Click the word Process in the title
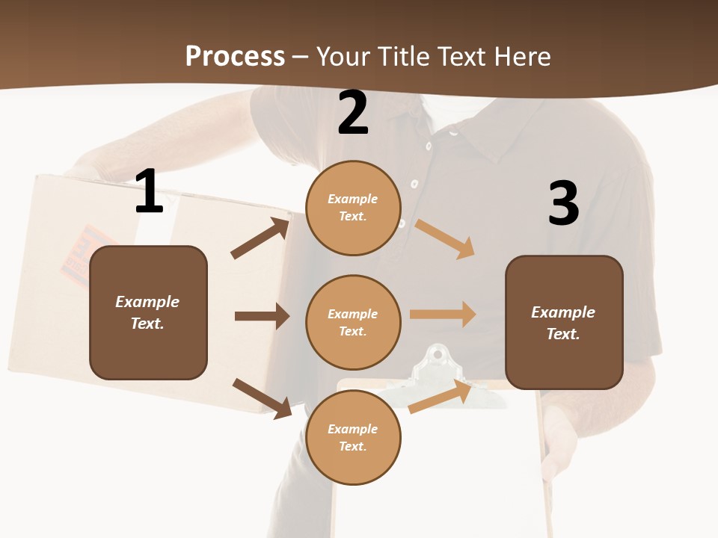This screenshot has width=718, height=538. (235, 56)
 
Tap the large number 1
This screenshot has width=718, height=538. (149, 191)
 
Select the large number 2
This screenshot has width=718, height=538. (353, 113)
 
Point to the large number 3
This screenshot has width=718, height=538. (563, 203)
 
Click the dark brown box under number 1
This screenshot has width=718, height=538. (148, 312)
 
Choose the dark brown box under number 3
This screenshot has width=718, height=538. (564, 322)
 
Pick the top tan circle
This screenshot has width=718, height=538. (353, 208)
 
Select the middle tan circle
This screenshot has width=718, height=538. (353, 322)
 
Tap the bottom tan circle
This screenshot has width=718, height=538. (353, 437)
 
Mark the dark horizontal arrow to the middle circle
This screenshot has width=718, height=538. (262, 316)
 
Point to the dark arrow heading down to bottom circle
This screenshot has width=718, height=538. (262, 398)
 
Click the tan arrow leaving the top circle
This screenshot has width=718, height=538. (445, 238)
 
